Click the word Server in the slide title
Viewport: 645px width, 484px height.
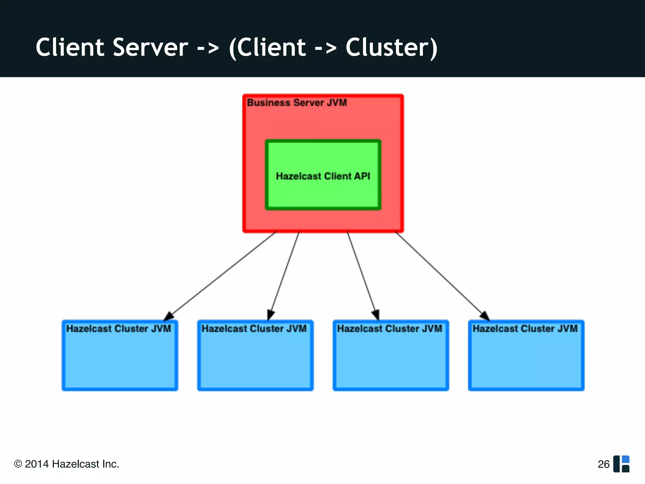[x=150, y=47]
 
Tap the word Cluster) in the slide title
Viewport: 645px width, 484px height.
[x=391, y=47]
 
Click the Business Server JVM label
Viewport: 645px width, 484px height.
[x=297, y=103]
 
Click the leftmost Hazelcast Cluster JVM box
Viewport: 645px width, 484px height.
[x=120, y=359]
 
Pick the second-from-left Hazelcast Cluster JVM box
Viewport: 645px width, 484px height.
[x=255, y=359]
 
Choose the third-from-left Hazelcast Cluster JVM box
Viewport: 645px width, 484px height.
[x=391, y=359]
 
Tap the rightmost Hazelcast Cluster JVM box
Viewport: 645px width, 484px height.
[x=526, y=359]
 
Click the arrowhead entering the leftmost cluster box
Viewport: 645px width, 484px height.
[x=169, y=316]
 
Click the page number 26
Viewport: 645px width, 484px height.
[x=603, y=464]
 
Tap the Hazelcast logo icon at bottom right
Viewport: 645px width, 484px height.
[x=621, y=464]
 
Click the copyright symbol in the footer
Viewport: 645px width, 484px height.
[x=18, y=464]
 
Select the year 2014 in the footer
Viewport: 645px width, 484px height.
[x=37, y=464]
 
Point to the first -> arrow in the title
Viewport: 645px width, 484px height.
[x=208, y=48]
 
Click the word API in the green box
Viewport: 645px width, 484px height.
[x=362, y=176]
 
